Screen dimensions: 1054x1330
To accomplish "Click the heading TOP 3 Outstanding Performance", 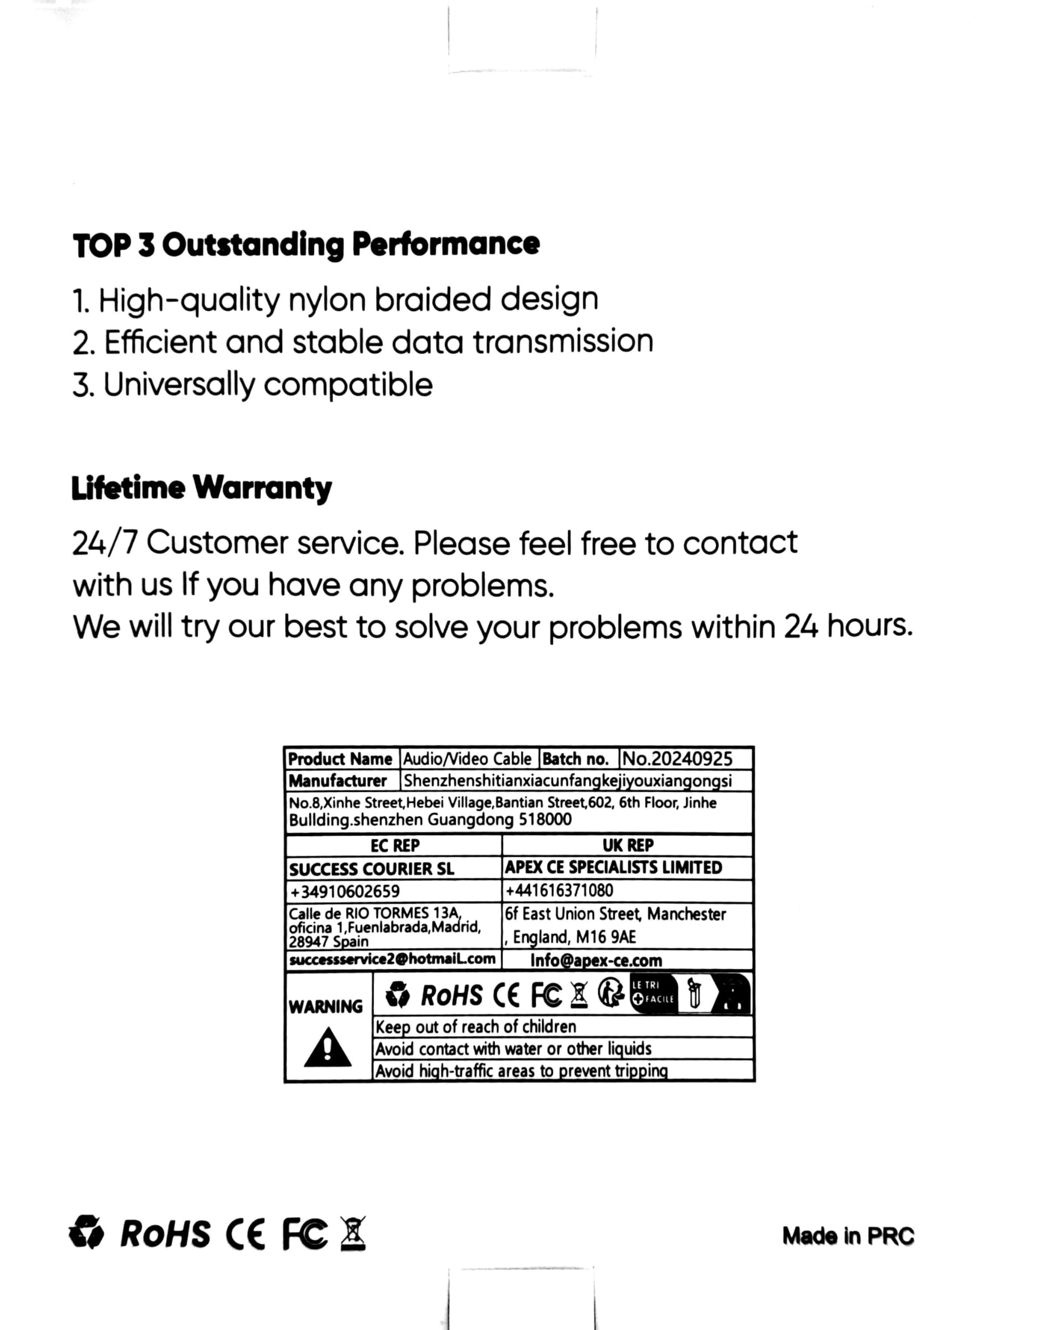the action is click(x=306, y=245).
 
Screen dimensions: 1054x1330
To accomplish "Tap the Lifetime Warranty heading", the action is click(x=202, y=488).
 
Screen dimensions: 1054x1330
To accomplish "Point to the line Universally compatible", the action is click(x=252, y=385).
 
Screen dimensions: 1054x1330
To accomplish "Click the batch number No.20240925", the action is click(x=676, y=759).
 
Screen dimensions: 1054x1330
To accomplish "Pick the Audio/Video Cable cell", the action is click(x=467, y=759).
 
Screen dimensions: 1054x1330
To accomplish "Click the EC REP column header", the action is click(x=395, y=845).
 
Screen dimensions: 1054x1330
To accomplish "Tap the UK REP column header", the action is click(x=628, y=845).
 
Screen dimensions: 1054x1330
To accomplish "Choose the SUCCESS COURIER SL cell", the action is click(x=371, y=869).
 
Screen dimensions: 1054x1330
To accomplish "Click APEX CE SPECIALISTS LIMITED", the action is click(x=613, y=867).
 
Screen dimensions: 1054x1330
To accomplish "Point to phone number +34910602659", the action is click(x=345, y=892).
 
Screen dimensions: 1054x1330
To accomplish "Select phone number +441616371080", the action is click(x=559, y=890).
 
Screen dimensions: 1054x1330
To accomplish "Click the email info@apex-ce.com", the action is click(x=596, y=961).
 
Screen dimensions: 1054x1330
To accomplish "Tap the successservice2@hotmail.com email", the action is click(x=392, y=959).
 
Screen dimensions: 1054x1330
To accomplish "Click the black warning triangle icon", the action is click(x=327, y=1047).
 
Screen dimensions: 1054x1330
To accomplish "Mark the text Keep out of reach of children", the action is click(x=475, y=1027).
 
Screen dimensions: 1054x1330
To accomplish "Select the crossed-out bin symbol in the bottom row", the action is click(x=353, y=1234).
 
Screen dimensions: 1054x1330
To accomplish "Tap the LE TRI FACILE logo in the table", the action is click(x=653, y=993).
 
